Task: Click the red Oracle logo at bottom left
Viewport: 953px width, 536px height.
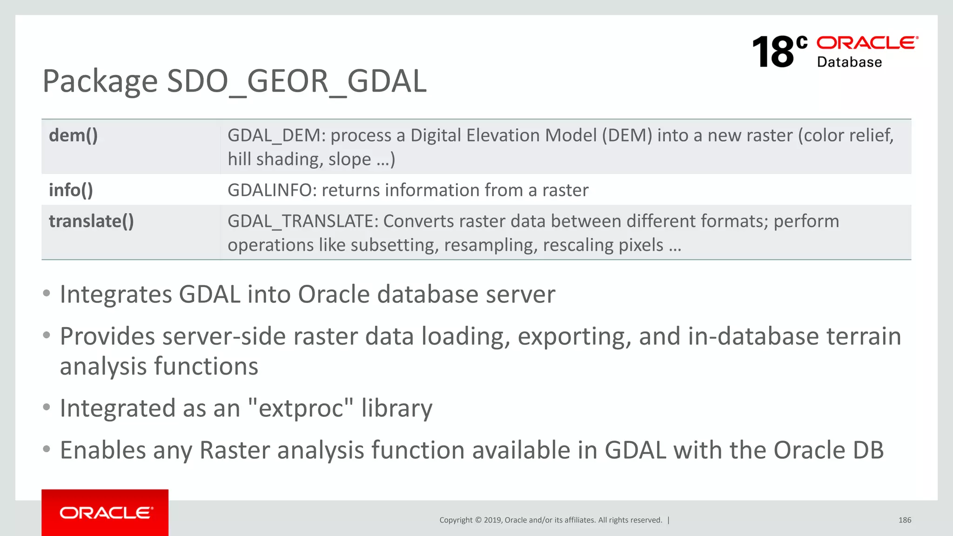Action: pos(105,512)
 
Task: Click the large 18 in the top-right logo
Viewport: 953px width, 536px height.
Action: pos(773,52)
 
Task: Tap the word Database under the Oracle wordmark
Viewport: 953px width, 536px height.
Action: pos(849,62)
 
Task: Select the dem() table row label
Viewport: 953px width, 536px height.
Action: pos(74,135)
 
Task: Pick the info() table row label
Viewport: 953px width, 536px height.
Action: pos(71,190)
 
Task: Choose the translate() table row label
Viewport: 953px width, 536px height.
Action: pos(91,221)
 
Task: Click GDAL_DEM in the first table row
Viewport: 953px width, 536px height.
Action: pos(276,135)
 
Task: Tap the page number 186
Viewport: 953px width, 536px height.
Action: pos(905,520)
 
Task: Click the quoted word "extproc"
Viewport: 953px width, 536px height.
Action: pos(301,408)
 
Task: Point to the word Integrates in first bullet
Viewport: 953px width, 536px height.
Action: pos(116,295)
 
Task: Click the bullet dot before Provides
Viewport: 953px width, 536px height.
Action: pos(46,335)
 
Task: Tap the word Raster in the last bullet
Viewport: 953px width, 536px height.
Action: pos(235,450)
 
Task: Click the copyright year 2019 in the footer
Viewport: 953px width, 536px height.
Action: pos(492,520)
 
